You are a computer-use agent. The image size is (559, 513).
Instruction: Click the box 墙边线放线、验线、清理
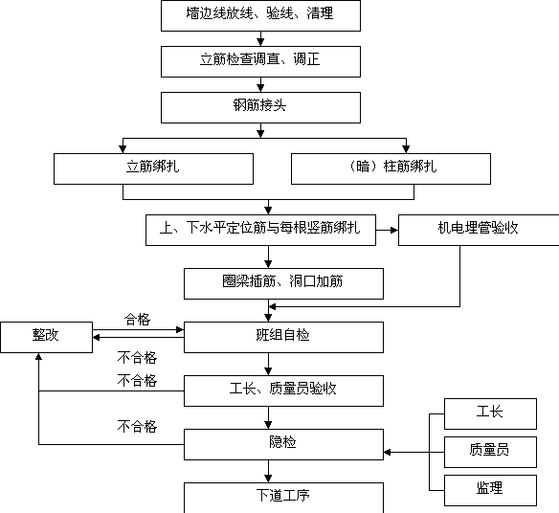260,15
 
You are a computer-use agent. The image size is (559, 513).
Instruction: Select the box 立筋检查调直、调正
260,61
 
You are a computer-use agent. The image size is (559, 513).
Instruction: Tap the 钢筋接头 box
260,107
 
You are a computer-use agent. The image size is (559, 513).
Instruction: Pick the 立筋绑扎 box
154,169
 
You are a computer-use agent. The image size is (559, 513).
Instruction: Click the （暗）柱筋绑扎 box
391,169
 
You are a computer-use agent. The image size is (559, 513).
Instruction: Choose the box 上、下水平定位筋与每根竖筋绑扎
260,230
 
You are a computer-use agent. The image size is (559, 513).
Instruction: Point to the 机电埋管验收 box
479,230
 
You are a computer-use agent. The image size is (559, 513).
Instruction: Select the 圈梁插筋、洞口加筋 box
283,283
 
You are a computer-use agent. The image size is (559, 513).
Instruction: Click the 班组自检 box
283,337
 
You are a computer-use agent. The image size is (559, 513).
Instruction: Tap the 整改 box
46,337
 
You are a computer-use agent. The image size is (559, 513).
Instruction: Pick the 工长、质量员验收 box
283,390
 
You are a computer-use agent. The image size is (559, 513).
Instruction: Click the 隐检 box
283,444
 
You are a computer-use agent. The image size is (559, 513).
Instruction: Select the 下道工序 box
283,498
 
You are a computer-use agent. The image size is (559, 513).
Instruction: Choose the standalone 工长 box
490,413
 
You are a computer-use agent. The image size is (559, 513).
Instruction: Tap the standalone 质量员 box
490,452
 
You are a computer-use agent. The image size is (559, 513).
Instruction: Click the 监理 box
490,490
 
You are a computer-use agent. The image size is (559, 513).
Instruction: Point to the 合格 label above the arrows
137,319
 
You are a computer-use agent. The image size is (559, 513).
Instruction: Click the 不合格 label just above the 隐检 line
137,426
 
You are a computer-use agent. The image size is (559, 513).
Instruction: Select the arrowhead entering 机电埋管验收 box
394,230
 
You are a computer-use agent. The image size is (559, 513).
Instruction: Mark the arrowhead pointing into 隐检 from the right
388,452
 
